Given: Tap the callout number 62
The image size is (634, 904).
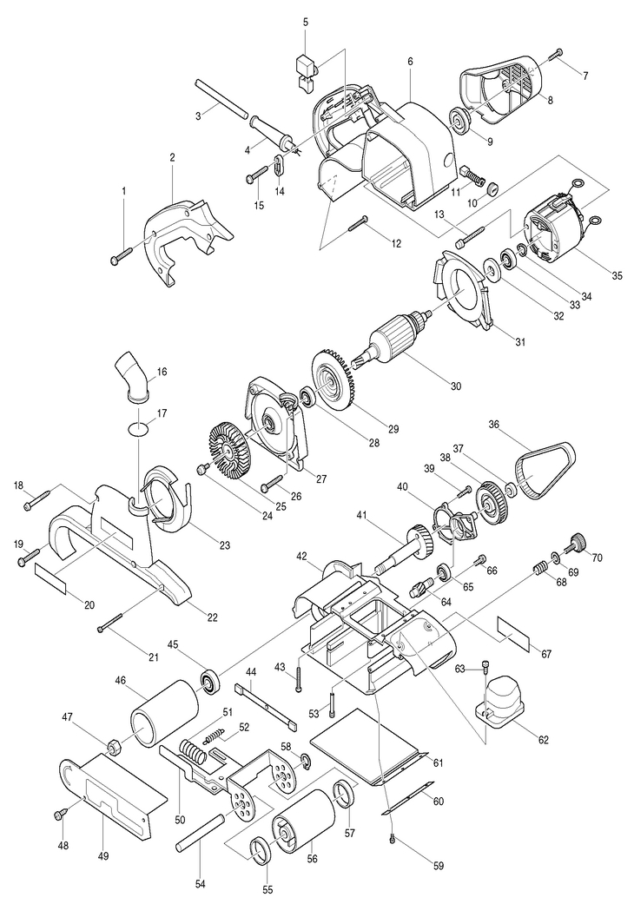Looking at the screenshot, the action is coord(543,740).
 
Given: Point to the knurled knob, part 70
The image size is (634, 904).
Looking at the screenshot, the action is coord(577,542).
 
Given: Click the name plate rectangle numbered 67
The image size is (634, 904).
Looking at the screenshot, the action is coord(513,633).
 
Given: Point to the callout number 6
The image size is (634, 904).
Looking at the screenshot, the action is coord(410,61).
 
